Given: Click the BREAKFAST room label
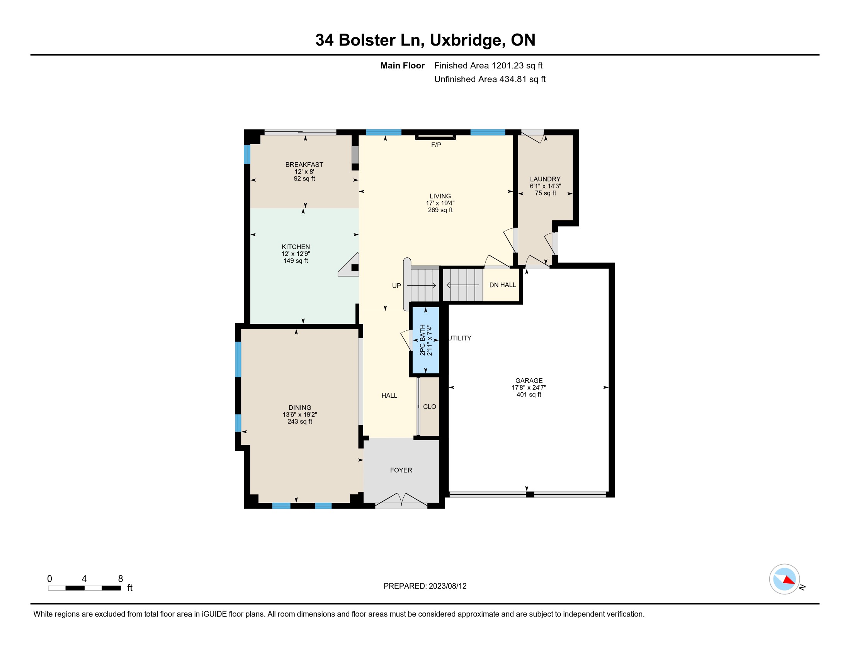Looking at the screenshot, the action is coord(304,165).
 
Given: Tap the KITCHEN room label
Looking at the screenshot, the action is coord(296,247).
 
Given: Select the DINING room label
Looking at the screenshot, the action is coord(300,407).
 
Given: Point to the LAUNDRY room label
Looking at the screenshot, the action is coord(545,179).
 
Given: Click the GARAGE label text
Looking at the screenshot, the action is coord(529,381).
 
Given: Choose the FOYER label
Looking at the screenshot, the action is coord(401,470).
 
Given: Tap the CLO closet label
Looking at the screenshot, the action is coord(429,407).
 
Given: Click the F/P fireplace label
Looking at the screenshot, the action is coord(436,145).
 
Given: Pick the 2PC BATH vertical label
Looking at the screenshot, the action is coord(422,340).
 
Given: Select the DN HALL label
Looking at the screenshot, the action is coord(502,285).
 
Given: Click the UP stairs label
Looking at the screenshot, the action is coord(396,286).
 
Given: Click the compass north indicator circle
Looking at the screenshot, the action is coord(784,579).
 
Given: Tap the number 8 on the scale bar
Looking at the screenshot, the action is coord(121,579).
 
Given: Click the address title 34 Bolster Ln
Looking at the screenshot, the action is coord(369,40).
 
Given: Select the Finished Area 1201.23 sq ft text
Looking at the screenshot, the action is coord(488,66).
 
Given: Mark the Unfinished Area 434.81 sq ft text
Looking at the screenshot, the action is coord(490,79).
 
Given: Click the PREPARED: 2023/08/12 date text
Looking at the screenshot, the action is coord(425,586).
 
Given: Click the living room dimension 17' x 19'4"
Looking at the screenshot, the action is coord(440,203).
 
